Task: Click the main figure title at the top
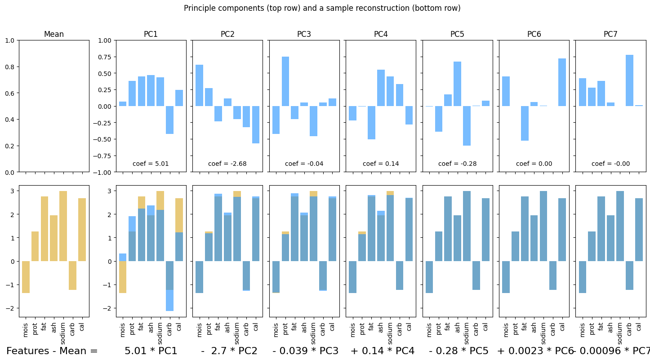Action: tap(322, 8)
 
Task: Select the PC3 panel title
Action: tap(304, 34)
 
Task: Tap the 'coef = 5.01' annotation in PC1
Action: tap(151, 164)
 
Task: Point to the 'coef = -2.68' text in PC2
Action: tap(227, 164)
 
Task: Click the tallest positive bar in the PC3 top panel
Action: tap(285, 81)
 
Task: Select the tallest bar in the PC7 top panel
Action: tap(629, 80)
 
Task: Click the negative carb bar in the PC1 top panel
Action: tap(169, 120)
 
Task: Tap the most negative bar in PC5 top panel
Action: tap(467, 126)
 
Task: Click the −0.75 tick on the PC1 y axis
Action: tap(105, 156)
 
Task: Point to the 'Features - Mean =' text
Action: tap(52, 351)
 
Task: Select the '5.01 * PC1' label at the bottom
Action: tap(151, 351)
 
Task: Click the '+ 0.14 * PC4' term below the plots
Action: tap(382, 351)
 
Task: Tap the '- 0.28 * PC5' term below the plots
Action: tap(459, 351)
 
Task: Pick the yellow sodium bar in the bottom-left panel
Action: tap(63, 226)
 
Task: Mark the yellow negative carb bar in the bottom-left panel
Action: tap(72, 276)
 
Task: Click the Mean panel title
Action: tap(53, 34)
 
